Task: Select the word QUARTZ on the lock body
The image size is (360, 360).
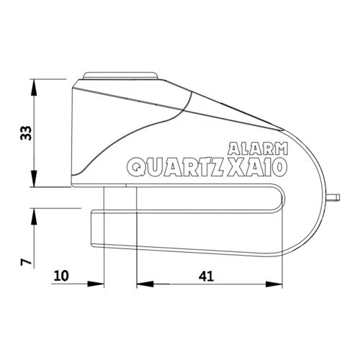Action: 175,168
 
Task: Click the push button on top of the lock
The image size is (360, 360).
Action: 120,74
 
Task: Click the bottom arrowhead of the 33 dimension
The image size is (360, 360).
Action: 35,183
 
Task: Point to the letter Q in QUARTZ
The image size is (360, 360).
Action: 138,168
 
